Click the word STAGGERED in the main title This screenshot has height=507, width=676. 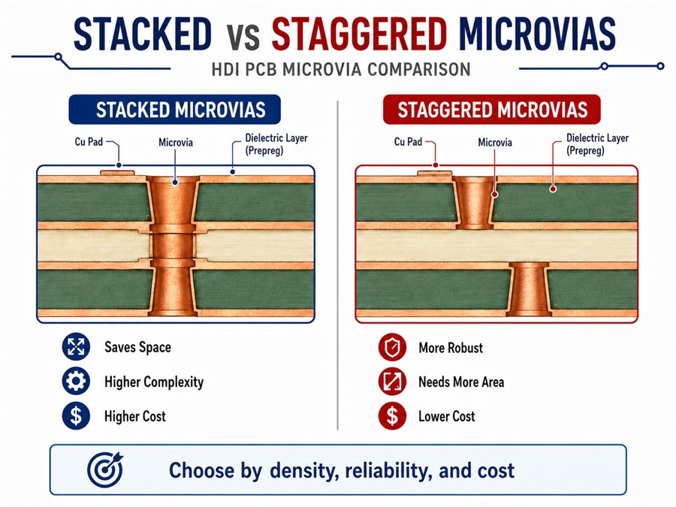click(x=359, y=34)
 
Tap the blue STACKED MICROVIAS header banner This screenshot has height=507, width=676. click(x=174, y=110)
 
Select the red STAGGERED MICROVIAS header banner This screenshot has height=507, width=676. click(x=492, y=110)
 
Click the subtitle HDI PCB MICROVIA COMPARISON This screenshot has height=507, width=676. click(x=341, y=69)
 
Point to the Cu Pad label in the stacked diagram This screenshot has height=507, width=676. click(x=89, y=141)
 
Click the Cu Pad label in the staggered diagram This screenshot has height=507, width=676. click(x=408, y=141)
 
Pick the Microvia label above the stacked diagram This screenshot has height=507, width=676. click(x=176, y=142)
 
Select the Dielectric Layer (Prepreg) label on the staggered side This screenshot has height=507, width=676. click(x=597, y=144)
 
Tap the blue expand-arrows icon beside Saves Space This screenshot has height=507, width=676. click(x=76, y=346)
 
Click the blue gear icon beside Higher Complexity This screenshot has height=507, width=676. click(x=76, y=381)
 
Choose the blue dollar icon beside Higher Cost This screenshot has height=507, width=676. click(x=76, y=415)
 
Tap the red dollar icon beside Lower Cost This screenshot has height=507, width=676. click(x=392, y=415)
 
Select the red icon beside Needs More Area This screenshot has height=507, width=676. click(x=392, y=381)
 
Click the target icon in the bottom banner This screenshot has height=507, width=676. click(x=104, y=469)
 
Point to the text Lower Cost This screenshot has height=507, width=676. click(x=447, y=416)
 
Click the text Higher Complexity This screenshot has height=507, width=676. click(x=154, y=382)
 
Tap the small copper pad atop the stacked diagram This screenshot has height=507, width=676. click(x=118, y=174)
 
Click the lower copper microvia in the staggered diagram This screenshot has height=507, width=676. click(x=530, y=289)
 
